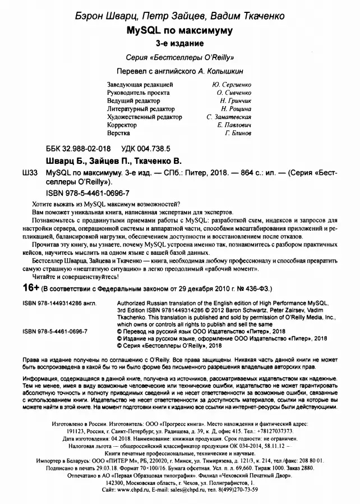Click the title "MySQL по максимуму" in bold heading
pos(179,29)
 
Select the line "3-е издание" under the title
pos(179,43)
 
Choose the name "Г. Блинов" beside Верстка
pos(238,134)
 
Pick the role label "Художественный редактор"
pos(144,117)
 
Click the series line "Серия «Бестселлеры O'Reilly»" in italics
pos(179,57)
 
